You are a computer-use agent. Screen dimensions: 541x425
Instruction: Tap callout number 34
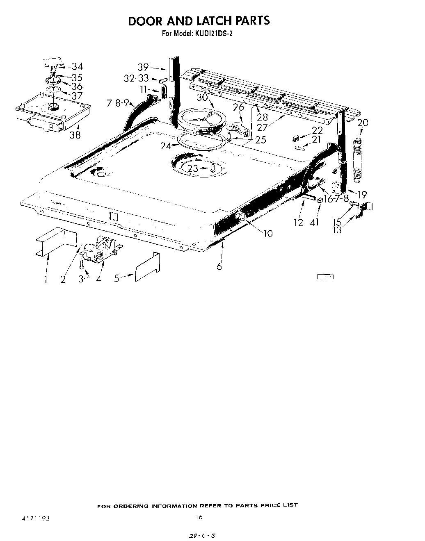77,66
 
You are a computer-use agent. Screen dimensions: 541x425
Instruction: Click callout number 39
143,67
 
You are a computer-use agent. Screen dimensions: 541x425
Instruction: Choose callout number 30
202,97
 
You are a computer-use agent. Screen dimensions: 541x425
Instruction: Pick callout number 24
166,145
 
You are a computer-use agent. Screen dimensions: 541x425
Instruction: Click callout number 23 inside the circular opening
193,168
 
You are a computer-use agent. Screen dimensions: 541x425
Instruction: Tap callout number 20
363,123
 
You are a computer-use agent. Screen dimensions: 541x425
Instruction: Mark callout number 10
267,233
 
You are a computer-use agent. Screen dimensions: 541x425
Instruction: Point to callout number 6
219,266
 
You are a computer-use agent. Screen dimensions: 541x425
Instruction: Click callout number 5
117,278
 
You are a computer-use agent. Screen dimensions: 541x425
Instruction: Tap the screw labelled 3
82,264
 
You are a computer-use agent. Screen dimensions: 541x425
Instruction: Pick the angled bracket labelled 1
55,243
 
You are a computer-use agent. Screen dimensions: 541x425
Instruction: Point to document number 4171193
36,518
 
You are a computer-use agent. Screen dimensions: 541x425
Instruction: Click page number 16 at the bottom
199,517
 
